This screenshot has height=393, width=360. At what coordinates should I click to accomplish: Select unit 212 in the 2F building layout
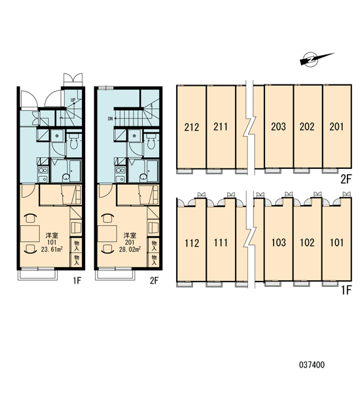(191, 127)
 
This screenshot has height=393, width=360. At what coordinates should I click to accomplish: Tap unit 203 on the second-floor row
(279, 126)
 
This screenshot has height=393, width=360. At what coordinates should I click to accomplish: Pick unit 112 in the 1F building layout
(191, 243)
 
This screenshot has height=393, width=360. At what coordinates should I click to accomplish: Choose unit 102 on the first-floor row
(307, 242)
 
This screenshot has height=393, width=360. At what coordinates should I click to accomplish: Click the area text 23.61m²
(52, 249)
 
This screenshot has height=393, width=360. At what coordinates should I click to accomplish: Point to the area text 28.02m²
(130, 249)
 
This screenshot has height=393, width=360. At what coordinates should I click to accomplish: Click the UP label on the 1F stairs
(73, 100)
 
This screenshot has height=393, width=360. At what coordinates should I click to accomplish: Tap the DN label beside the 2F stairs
(110, 119)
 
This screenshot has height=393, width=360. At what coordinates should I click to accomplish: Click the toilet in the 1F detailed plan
(74, 141)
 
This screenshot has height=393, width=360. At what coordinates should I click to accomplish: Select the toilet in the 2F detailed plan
(151, 141)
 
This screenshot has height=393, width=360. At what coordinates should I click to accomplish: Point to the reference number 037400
(312, 364)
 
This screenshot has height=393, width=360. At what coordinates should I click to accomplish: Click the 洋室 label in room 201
(130, 235)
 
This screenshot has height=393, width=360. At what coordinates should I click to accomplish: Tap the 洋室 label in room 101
(52, 235)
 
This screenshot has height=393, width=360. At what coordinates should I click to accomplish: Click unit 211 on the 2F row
(221, 126)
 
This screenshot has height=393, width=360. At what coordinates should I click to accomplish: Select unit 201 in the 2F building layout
(336, 126)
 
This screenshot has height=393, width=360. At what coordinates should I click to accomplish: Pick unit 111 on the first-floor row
(221, 242)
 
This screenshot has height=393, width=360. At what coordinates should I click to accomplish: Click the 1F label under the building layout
(346, 290)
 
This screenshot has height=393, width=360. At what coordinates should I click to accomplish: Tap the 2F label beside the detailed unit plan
(154, 280)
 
